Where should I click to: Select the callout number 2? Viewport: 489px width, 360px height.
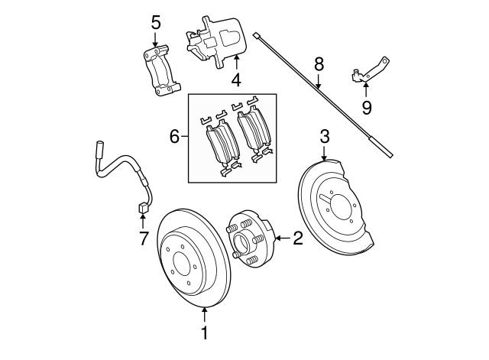pos(298,238)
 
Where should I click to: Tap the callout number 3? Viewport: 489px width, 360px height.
pos(324,138)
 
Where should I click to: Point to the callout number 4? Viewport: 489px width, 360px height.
pos(236,79)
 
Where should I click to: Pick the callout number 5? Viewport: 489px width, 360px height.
pos(156,22)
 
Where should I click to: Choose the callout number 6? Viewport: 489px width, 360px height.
pos(174,138)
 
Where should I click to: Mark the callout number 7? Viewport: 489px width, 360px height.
pos(143,239)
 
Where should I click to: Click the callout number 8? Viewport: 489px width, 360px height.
pos(319,64)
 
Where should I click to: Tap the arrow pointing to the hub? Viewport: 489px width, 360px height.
pos(281,238)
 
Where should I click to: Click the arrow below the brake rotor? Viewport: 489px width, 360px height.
pos(204,313)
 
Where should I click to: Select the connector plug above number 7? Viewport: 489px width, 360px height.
pos(142,208)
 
